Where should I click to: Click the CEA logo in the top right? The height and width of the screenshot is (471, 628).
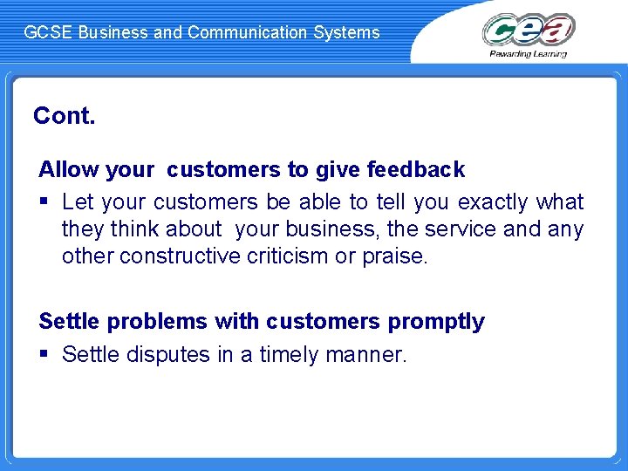click(x=529, y=29)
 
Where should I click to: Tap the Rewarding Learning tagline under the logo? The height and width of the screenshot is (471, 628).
click(x=529, y=54)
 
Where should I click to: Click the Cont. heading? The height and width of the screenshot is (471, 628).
click(x=64, y=116)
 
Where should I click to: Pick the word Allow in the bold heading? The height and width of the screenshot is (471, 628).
click(x=66, y=169)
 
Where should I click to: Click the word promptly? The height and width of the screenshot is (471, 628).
click(x=436, y=322)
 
